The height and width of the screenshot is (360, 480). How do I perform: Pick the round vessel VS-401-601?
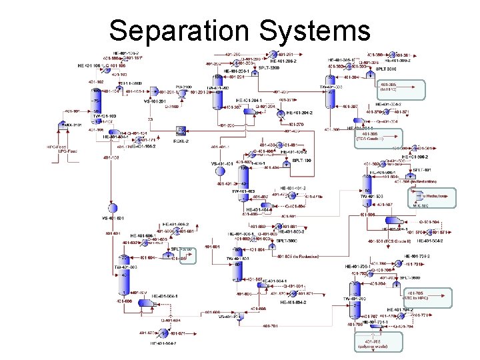[x=114, y=207]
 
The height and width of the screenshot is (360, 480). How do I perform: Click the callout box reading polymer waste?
[x=379, y=342]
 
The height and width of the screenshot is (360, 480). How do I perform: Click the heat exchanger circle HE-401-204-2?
[x=280, y=113]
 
